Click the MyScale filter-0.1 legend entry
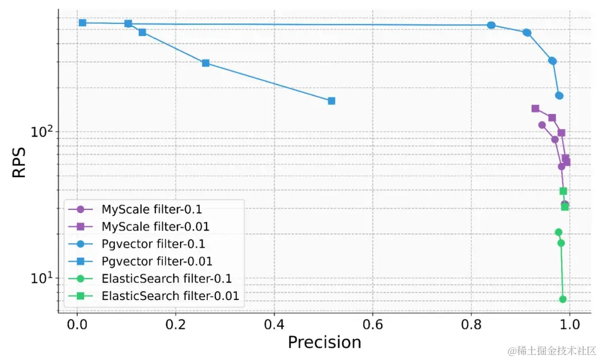[x=152, y=209]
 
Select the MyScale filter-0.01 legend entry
[x=155, y=227]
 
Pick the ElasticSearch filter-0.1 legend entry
[x=167, y=278]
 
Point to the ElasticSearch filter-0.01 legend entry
[x=170, y=296]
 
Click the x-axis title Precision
[x=324, y=342]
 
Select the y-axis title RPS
[x=19, y=162]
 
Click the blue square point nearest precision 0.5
[x=331, y=101]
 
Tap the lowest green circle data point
[x=562, y=299]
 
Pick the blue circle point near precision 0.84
[x=491, y=25]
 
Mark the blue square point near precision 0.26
[x=206, y=63]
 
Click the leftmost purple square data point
[x=535, y=108]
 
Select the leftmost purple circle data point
[x=542, y=124]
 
